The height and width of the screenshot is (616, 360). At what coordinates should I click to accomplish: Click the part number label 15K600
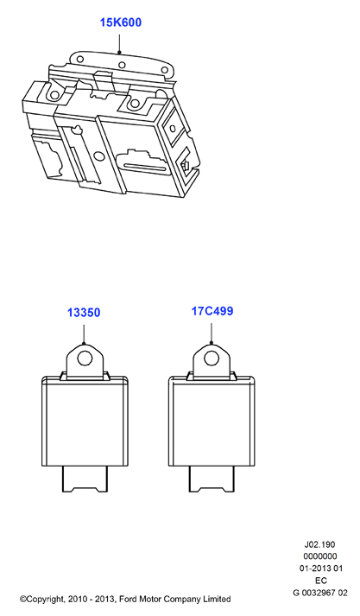pos(121,22)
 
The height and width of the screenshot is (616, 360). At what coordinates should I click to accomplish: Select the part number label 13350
pos(84,313)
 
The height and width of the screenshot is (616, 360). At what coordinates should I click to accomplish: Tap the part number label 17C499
pos(212,311)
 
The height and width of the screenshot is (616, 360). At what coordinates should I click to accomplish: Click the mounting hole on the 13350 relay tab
pos(85,359)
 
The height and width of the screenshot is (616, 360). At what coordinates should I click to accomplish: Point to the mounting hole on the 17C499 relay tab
pos(212,358)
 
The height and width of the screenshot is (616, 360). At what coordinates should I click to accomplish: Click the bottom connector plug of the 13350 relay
pos(85,479)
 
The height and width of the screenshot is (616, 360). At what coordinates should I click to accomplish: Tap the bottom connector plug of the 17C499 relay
pos(212,479)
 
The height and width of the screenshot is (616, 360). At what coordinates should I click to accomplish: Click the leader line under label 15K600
pos(119,43)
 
